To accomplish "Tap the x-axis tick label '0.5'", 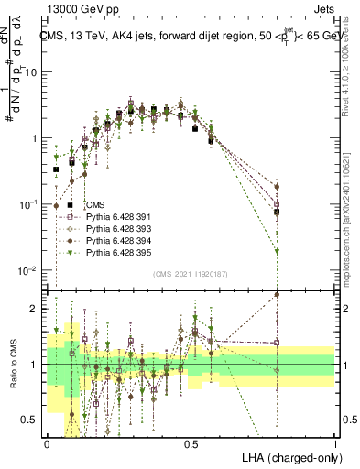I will [191, 443].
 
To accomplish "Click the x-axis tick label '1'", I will [334, 443].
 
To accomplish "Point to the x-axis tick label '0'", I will [47, 443].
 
